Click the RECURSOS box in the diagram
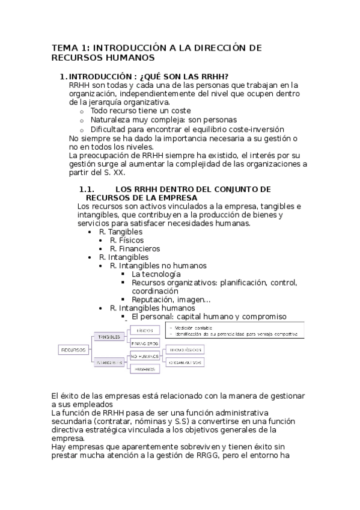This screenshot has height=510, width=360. [73, 349]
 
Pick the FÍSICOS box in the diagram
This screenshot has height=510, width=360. [145, 330]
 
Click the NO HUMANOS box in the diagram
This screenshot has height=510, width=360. [145, 356]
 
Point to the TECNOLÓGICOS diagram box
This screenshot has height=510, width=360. [185, 349]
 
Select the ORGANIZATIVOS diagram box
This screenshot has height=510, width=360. [185, 363]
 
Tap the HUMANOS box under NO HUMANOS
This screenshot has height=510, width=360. [145, 368]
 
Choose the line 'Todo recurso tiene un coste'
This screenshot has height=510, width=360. [141, 111]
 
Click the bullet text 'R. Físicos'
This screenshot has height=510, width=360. [127, 239]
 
